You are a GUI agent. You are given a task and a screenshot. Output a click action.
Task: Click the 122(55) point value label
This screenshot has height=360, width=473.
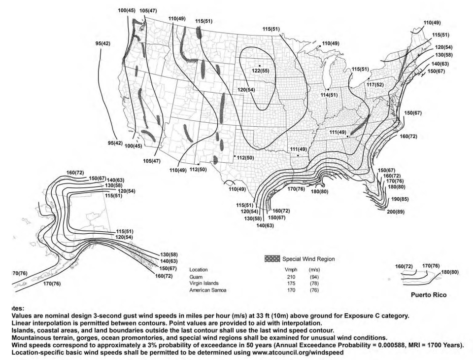click(x=261, y=71)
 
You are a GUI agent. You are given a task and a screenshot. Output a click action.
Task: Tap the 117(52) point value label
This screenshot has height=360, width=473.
click(x=375, y=85)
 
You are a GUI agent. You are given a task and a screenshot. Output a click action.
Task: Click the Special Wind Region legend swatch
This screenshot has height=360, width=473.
click(x=272, y=258)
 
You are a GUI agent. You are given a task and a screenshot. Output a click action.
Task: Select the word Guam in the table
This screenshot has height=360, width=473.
click(x=196, y=277)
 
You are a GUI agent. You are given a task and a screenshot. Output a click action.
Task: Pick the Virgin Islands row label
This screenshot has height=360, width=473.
click(x=204, y=284)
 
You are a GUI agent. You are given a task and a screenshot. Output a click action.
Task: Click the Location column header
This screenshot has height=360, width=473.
click(x=199, y=270)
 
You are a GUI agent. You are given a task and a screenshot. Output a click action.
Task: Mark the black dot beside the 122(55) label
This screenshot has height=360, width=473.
click(x=259, y=66)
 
